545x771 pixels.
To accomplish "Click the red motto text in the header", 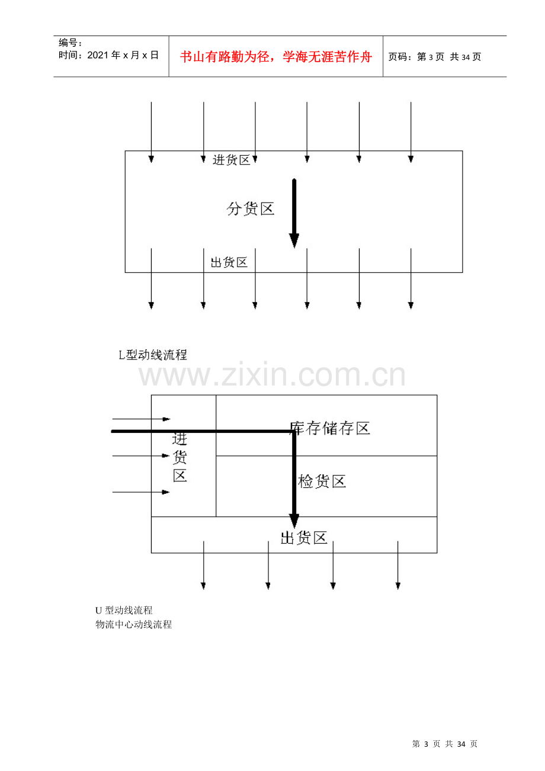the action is coord(276,57).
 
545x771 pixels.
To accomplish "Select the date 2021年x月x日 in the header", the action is coord(123,55).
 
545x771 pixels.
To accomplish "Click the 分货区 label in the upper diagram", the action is coord(251,209).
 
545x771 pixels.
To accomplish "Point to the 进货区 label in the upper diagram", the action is coord(231,160).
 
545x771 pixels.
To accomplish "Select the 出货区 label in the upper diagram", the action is coord(229,262).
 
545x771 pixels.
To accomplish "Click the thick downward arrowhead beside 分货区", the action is coord(294,240).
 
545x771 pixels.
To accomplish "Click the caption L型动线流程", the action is coord(153,355).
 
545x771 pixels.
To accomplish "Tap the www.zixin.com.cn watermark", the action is coord(272,374).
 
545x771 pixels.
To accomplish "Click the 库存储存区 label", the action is coord(330,428).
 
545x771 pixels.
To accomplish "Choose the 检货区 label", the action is coord(322,481).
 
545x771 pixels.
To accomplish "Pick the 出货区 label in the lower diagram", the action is coord(304,538).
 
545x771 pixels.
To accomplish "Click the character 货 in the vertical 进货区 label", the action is coord(179,457).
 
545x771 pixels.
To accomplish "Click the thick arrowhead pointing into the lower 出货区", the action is coord(294,521).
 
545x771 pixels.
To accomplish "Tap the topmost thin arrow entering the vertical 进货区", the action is coord(141,419).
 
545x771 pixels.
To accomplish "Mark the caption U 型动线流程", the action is coord(124,611).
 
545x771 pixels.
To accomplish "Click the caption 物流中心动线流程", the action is coord(133,624).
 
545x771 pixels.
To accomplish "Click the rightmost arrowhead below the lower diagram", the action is coord(398,586).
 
